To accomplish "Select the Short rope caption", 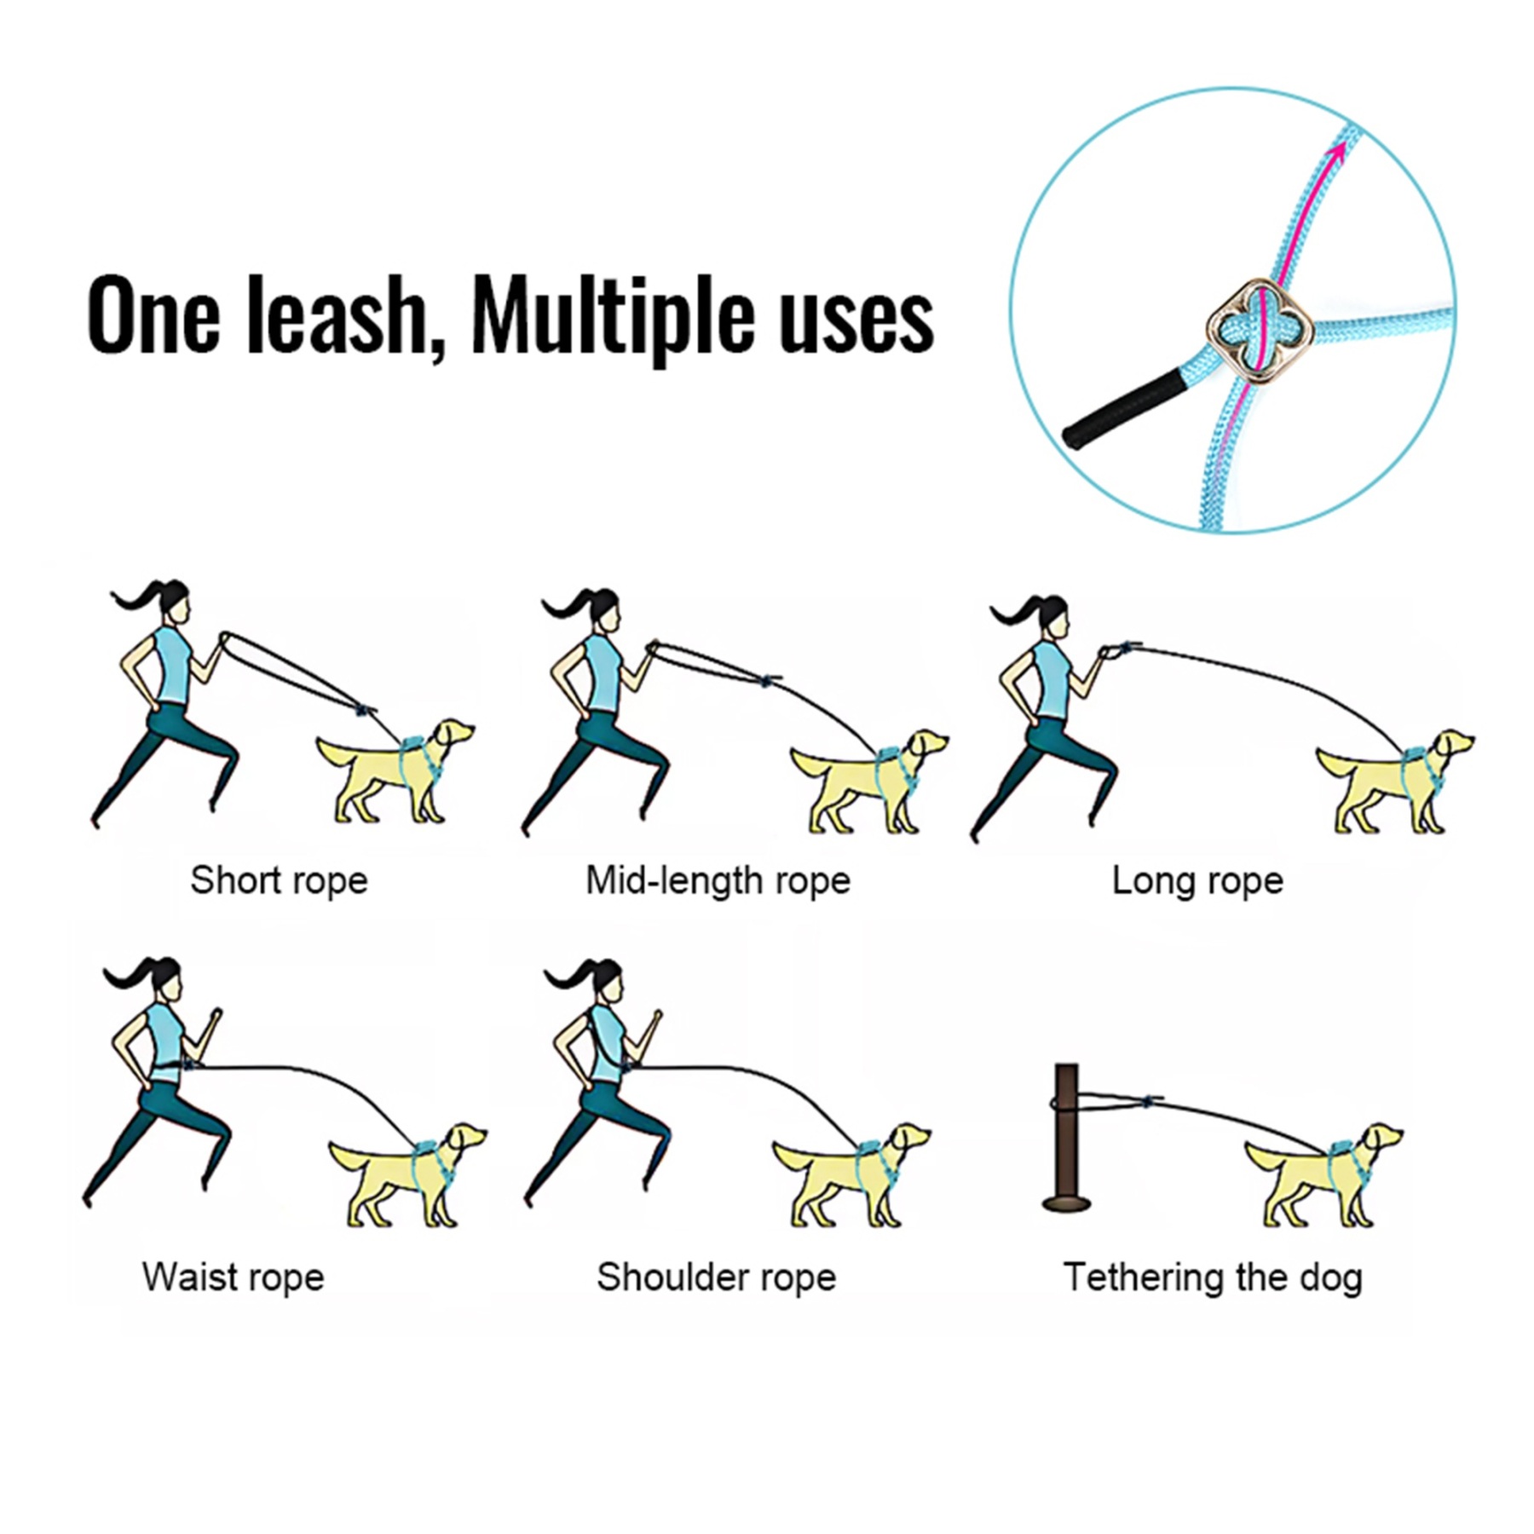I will point(279,880).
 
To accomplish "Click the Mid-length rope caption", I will point(718,880).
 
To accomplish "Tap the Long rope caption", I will point(1197,880).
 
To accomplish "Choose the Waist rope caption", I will point(233,1277).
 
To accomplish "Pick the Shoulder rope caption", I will point(716,1277).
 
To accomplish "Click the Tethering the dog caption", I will point(1213,1277).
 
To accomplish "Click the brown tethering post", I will point(1066,1133).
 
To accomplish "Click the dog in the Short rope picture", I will point(396,771).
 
